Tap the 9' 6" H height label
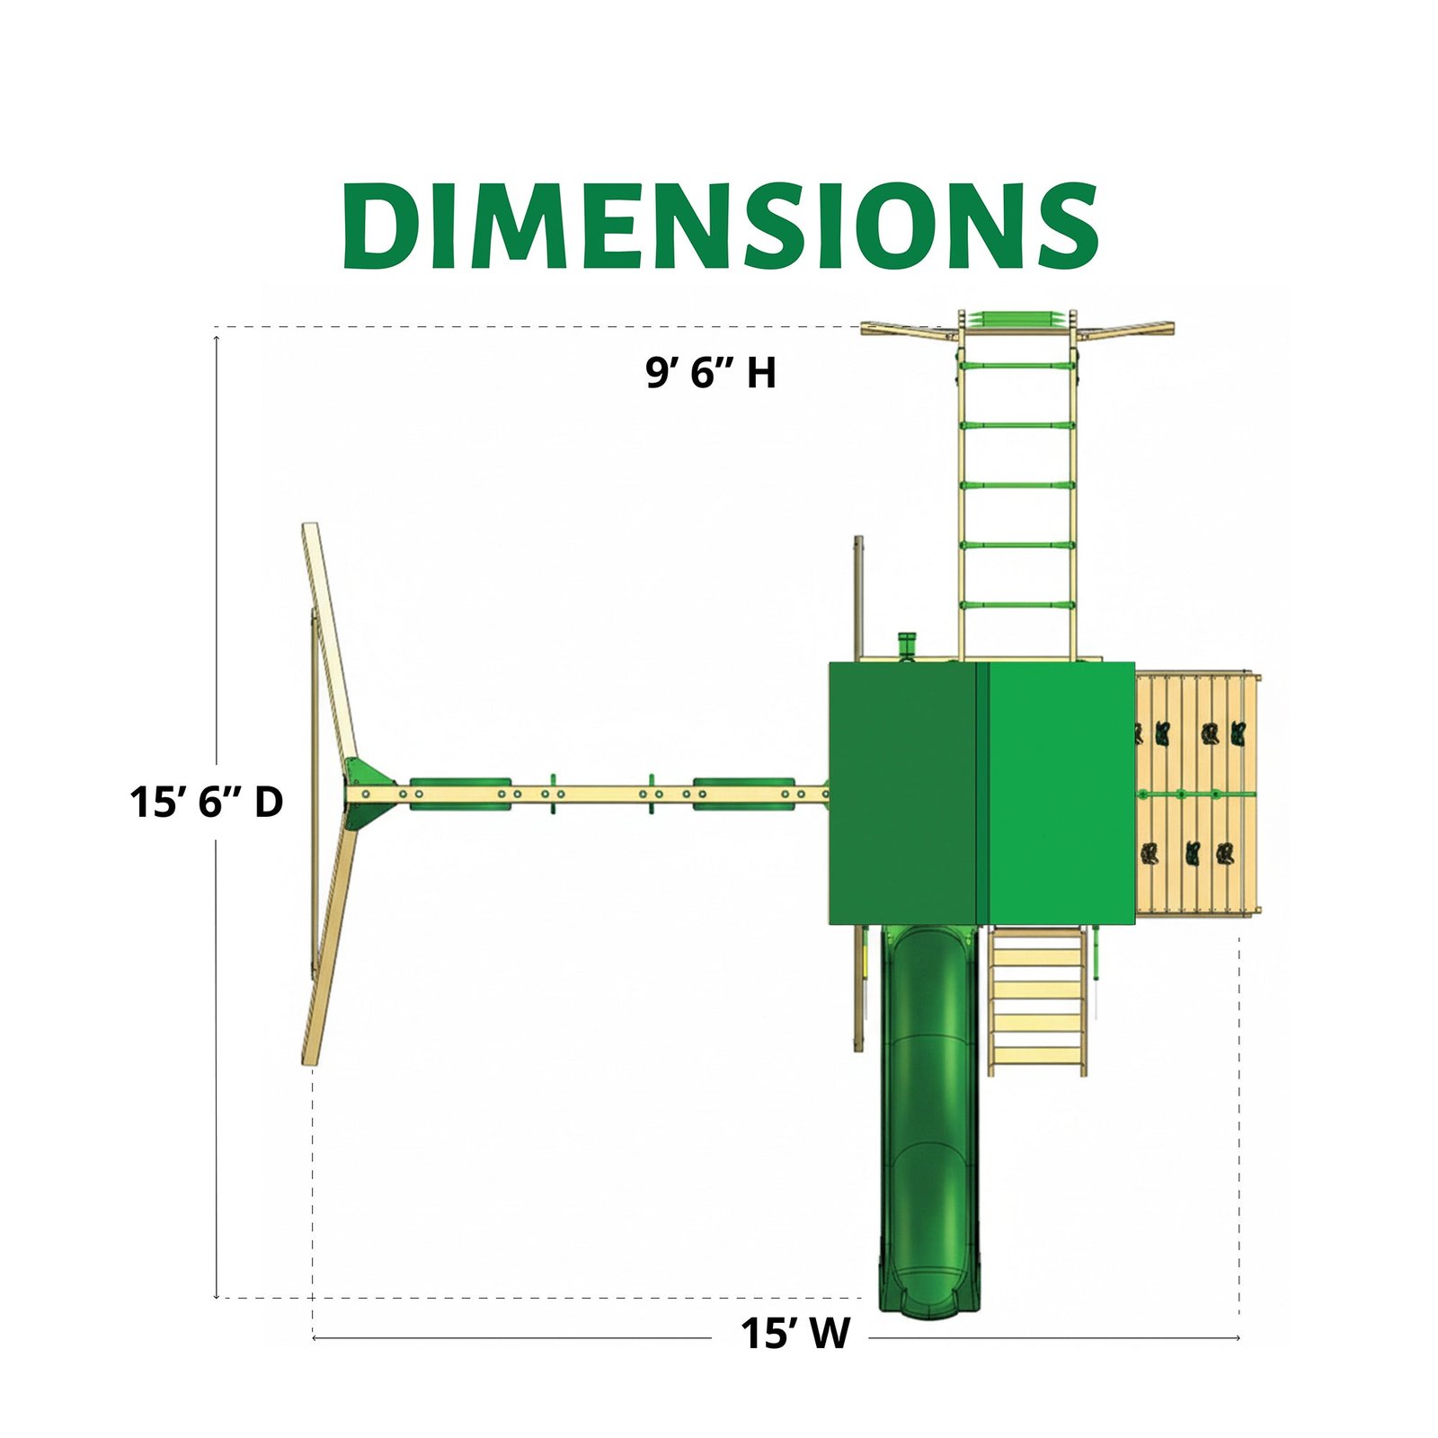click(711, 372)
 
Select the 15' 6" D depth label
click(207, 802)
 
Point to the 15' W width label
click(794, 1334)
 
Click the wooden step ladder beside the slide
click(1037, 1001)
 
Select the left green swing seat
click(460, 794)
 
